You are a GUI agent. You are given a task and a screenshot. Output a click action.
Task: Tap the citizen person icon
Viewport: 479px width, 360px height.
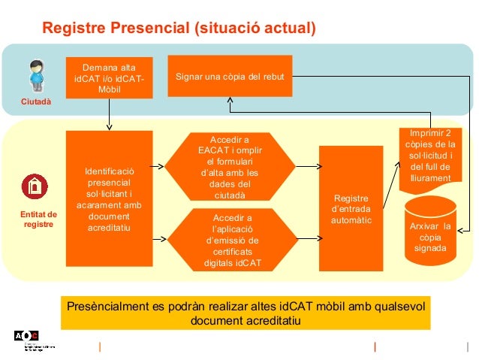tap(36, 77)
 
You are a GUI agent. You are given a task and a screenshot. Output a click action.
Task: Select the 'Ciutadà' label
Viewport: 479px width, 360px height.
tap(36, 102)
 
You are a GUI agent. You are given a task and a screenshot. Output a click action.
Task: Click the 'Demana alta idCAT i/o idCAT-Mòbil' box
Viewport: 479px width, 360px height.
tap(109, 77)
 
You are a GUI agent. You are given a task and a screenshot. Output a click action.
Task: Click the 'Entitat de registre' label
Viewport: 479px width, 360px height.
tap(38, 219)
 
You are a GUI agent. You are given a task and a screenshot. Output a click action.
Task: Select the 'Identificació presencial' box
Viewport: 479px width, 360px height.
tap(109, 200)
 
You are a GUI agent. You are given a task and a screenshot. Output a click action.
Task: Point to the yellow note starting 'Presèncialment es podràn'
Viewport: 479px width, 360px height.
tap(245, 313)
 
